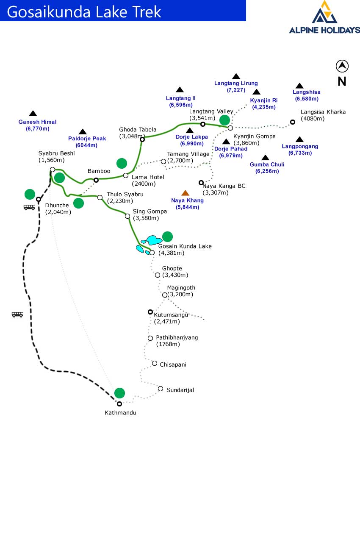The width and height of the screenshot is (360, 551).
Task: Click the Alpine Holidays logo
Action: coord(324,17)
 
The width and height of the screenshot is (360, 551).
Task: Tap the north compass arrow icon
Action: coord(342,66)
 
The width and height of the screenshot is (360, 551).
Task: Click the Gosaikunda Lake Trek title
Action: coord(84,11)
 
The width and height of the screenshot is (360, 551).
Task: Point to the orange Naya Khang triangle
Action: coord(185,193)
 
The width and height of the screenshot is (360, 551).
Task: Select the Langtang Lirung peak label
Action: coord(236,83)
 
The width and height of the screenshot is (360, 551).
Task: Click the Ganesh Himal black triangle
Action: coord(33,113)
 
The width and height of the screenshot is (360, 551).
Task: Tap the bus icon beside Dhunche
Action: coord(29,207)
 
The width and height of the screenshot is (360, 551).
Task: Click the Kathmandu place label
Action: coord(120,412)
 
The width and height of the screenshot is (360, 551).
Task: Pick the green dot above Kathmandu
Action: coord(120,393)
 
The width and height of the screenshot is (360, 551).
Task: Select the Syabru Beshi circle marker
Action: coord(53,170)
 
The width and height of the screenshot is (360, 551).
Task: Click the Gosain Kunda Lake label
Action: coord(185,246)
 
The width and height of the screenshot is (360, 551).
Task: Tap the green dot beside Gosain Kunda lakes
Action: coord(168,237)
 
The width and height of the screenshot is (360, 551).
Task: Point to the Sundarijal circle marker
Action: coord(161,389)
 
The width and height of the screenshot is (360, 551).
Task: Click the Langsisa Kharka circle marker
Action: coord(292,122)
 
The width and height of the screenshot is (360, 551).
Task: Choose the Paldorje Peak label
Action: coord(87,139)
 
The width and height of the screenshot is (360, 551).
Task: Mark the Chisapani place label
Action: coord(173,365)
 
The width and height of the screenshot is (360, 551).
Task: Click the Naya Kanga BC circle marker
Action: coord(201,183)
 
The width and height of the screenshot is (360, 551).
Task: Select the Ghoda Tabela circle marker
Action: coord(142,139)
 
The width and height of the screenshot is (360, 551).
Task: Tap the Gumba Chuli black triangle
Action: coord(265,158)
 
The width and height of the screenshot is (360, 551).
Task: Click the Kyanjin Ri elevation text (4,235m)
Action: coord(263,107)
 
